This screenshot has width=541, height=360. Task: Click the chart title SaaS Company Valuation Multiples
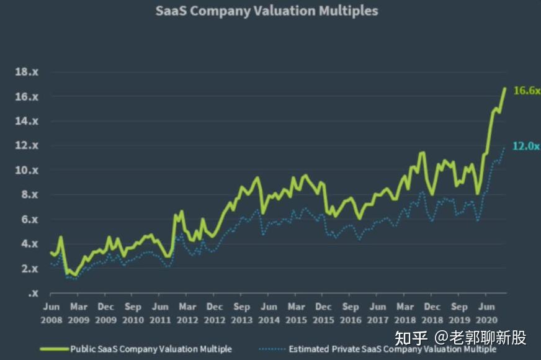pos(267,11)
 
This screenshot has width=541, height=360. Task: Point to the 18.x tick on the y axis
pos(27,72)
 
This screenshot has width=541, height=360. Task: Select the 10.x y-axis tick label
pos(27,170)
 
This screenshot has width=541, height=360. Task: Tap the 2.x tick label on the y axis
pos(29,268)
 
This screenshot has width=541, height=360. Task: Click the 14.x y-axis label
pos(27,121)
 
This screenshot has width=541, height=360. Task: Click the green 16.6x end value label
pos(527,91)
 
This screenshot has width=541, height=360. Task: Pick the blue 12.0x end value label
pos(527,146)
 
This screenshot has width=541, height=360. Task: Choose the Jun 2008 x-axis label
pos(51,313)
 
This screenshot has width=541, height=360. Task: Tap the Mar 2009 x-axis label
pos(78,313)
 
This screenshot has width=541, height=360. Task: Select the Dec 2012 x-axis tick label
pos(215,313)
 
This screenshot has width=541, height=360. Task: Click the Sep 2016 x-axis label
pos(351,313)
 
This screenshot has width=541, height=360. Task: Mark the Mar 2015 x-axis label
pos(296,313)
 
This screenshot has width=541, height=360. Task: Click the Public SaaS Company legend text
pos(151,349)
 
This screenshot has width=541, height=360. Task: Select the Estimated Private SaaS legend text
pos(392,349)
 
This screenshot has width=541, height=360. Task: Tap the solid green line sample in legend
pos(55,349)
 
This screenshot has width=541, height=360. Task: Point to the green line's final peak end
pos(504,89)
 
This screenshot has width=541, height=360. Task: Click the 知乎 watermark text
pos(412,338)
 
